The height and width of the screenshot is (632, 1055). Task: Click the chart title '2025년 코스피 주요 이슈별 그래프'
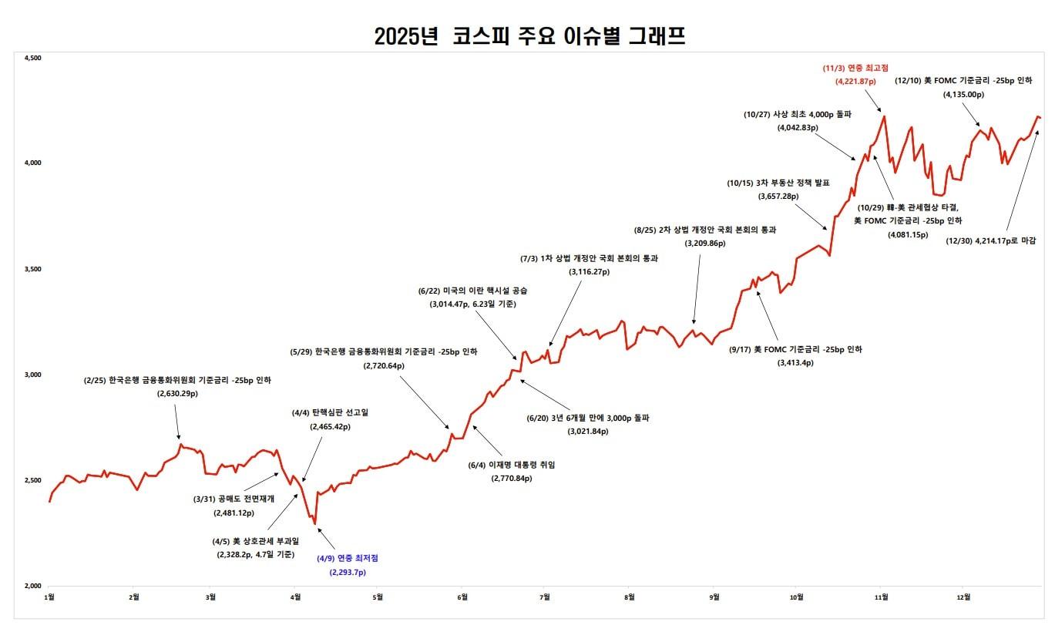(x=529, y=36)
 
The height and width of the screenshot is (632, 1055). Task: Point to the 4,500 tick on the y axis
(x=33, y=58)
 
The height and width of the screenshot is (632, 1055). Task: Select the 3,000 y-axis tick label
(x=33, y=375)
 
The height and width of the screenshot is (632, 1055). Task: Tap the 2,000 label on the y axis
(x=33, y=586)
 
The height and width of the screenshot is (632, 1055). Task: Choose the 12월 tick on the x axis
(x=963, y=597)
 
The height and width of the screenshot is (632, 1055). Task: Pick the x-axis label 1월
(x=50, y=597)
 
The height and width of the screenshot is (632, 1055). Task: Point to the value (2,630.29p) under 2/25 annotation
(x=177, y=394)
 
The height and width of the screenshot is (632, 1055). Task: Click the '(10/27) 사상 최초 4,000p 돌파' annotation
(x=798, y=114)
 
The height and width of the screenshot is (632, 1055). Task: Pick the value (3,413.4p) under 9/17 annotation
(x=796, y=362)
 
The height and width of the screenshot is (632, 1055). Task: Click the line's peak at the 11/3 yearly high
(x=884, y=116)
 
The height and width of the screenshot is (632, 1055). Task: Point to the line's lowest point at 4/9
(x=314, y=524)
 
